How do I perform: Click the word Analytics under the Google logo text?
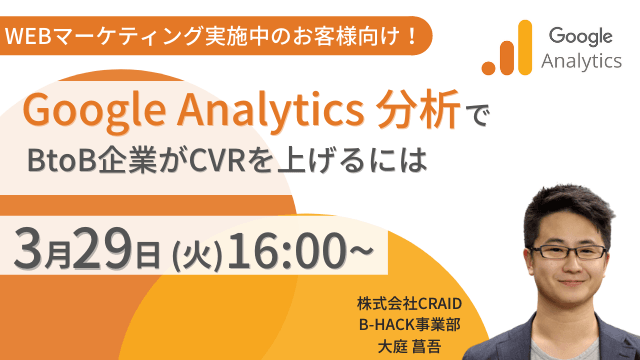[x=580, y=62]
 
